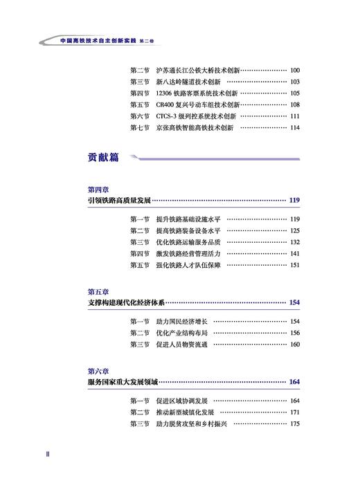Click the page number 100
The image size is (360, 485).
click(295, 70)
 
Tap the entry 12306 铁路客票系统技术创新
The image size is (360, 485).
click(197, 93)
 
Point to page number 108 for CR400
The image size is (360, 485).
click(295, 104)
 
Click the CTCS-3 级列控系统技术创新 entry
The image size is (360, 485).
click(197, 116)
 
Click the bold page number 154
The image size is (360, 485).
click(294, 302)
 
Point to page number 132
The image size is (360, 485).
click(295, 242)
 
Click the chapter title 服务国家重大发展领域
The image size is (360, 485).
click(123, 382)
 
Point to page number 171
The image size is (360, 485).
click(295, 412)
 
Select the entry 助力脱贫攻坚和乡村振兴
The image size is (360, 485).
click(188, 424)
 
